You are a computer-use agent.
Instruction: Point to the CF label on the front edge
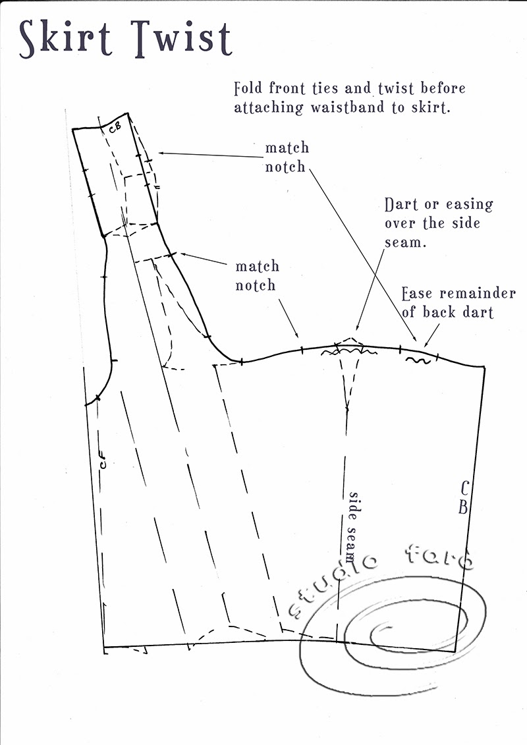pos(103,463)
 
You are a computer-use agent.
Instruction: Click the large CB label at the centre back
pos(464,498)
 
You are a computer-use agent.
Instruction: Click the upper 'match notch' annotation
pos(287,157)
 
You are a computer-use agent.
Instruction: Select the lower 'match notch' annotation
pos(258,276)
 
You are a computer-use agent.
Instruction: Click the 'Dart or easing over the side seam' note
pos(439,223)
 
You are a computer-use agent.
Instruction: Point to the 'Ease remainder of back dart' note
pos(458,302)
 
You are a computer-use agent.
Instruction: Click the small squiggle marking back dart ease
pos(419,360)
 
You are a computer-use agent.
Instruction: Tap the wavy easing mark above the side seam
pos(347,352)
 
